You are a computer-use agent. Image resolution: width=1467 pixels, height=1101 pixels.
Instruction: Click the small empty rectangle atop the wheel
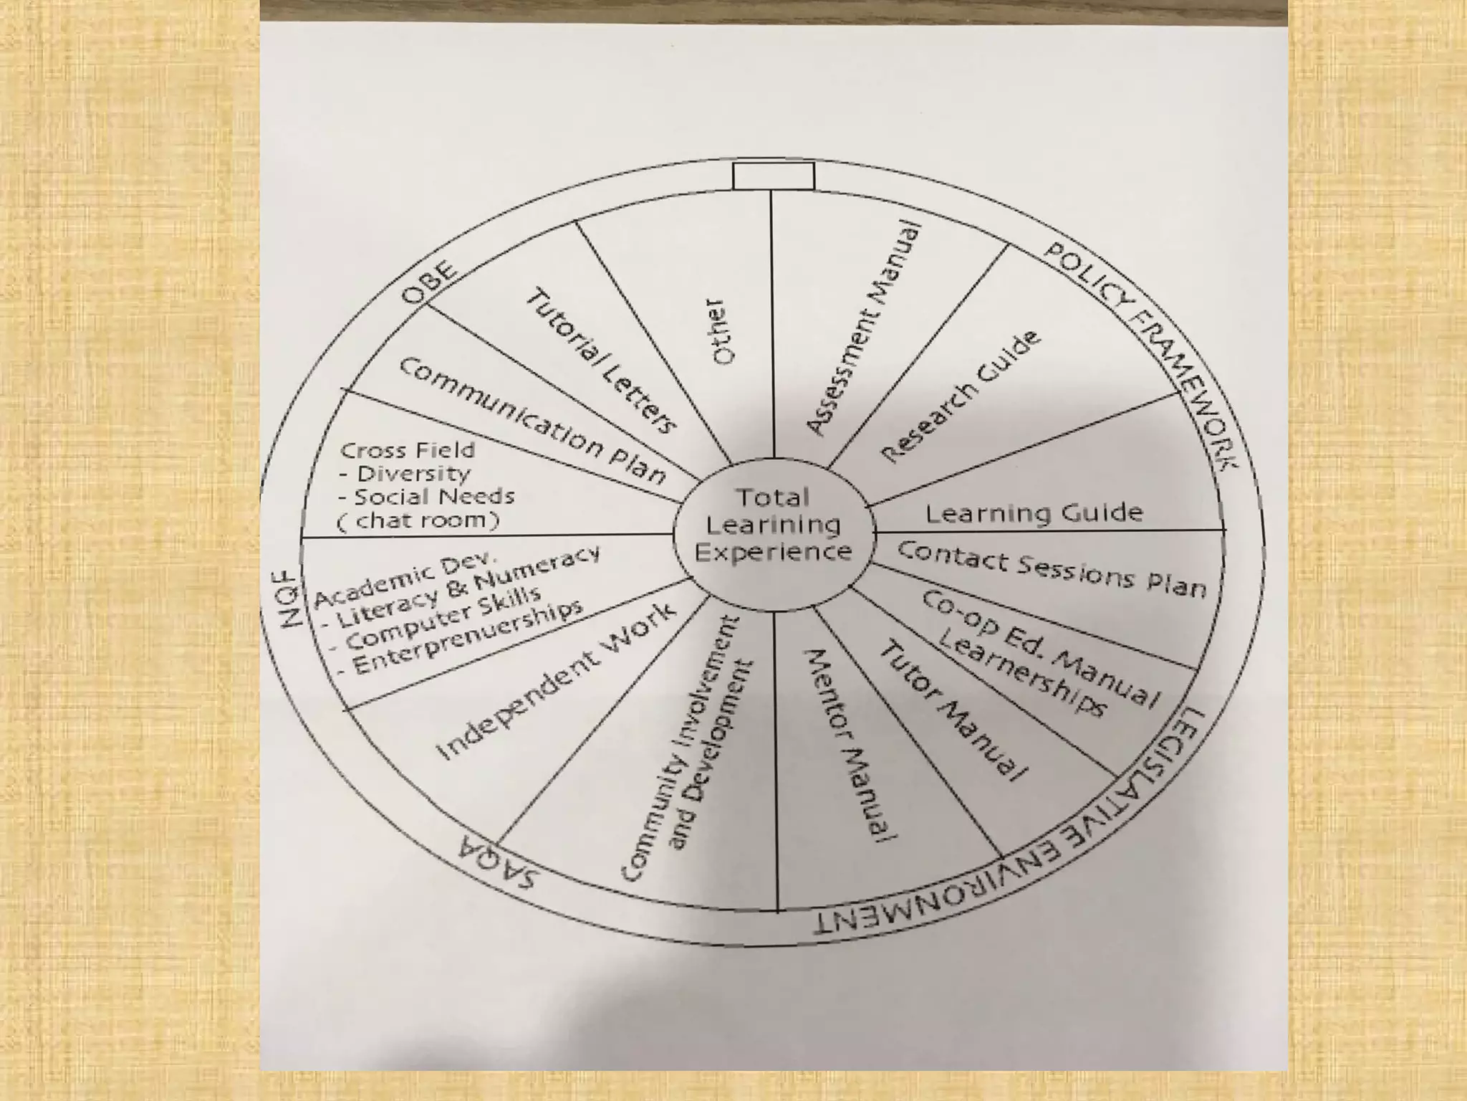(x=773, y=176)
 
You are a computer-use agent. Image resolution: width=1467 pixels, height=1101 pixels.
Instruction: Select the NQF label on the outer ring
(x=287, y=599)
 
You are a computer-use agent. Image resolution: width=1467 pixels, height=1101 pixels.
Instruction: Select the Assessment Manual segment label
(x=862, y=329)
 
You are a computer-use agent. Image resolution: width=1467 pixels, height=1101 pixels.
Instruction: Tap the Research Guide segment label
(x=959, y=398)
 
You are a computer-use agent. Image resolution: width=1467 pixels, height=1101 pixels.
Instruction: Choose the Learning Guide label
(x=1034, y=513)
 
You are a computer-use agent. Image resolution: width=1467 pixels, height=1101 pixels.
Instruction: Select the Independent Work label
(x=556, y=681)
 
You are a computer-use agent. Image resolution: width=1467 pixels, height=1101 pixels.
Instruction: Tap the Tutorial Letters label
(x=602, y=361)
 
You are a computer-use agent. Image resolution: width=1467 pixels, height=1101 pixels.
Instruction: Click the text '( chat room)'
(x=418, y=520)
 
